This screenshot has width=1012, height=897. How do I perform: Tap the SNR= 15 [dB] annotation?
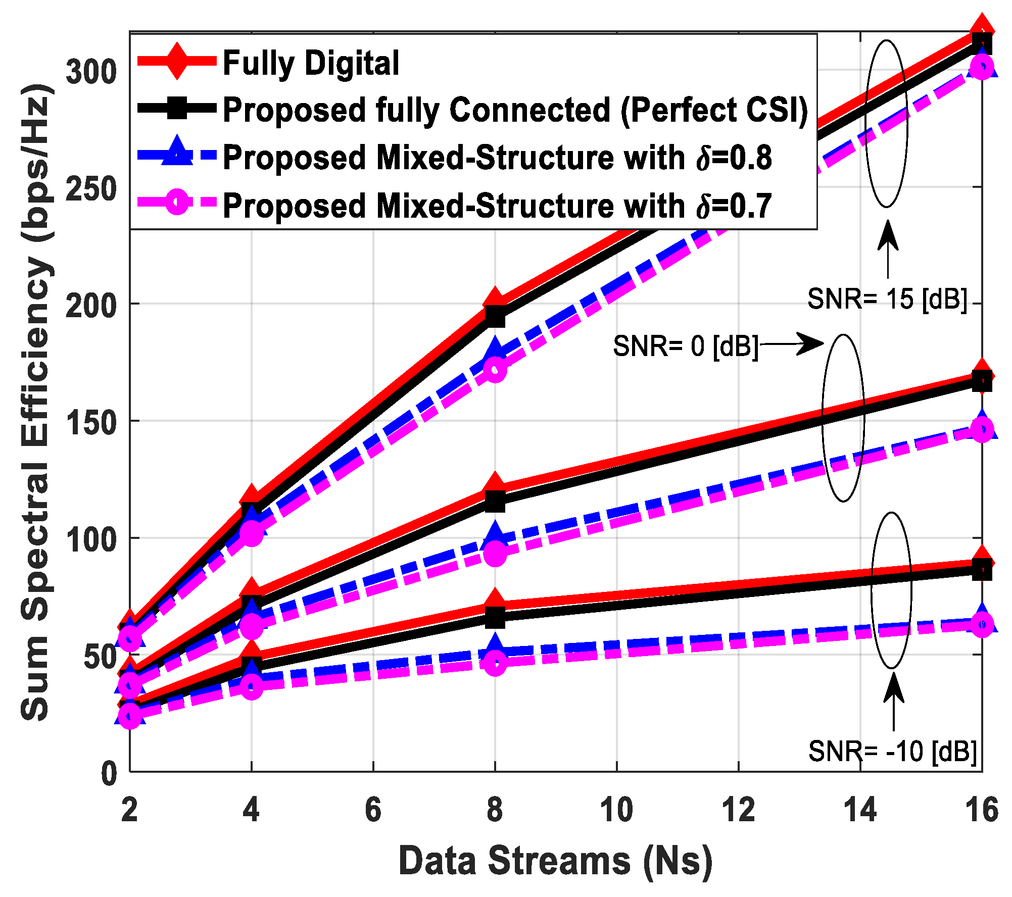coord(887,299)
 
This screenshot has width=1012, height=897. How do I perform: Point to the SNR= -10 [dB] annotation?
coord(892,751)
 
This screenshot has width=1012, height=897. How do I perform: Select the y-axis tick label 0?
coord(109,773)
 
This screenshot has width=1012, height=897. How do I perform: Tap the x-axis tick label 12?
coord(738,810)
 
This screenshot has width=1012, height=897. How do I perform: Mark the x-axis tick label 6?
coord(373,810)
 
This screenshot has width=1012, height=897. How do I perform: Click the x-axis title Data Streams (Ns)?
coord(555,861)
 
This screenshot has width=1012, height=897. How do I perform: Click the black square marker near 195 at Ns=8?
coord(495,317)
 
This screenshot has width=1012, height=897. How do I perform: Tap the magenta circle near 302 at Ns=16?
coord(982,67)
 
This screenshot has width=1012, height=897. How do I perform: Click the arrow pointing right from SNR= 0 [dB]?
coord(793,344)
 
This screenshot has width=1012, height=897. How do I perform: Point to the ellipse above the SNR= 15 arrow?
coord(887,124)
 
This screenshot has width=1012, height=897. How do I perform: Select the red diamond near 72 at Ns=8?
coord(495,601)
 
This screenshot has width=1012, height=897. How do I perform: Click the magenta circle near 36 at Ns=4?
coord(252,686)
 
